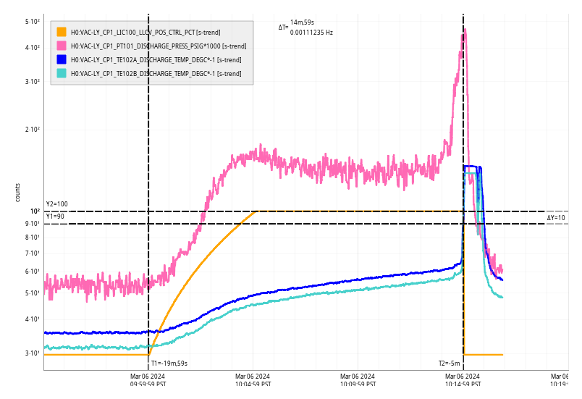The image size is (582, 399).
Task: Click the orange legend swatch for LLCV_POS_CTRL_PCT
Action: tap(62, 32)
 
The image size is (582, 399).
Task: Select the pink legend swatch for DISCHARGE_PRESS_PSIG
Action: tap(62, 46)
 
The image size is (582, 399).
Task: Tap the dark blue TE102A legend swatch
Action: tap(62, 59)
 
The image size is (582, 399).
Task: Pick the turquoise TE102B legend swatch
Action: tap(62, 73)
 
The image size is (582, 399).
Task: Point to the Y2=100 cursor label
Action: tap(56, 204)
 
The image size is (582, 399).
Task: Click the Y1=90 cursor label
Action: tap(55, 217)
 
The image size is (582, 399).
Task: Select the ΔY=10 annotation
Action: tap(556, 217)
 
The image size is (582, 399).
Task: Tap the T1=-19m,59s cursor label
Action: tap(169, 364)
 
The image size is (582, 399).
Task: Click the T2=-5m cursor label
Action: tap(449, 364)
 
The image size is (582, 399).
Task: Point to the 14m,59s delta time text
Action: tap(303, 22)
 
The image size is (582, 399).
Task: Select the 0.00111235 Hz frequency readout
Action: tap(311, 33)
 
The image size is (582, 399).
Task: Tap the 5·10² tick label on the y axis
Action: tap(32, 22)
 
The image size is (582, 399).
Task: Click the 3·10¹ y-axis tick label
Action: tap(32, 353)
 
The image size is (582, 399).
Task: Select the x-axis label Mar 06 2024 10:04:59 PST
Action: tap(253, 380)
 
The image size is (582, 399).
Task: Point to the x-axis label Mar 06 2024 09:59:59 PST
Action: tap(148, 380)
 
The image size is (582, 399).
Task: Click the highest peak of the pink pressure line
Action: tap(464, 30)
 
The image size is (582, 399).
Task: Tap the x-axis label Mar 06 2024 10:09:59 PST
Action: tap(358, 380)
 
